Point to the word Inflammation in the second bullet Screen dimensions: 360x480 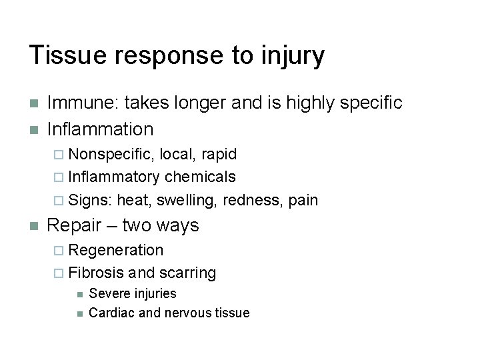(101, 128)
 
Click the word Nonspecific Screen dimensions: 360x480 (110, 155)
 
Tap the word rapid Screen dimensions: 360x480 (218, 155)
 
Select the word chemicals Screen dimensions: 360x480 (200, 177)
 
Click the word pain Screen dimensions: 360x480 (303, 200)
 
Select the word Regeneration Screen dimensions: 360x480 (116, 251)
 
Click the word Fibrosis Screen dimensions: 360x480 (96, 273)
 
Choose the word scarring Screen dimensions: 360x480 (187, 273)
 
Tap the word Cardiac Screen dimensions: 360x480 (111, 313)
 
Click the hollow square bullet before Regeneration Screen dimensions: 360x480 (59, 251)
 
